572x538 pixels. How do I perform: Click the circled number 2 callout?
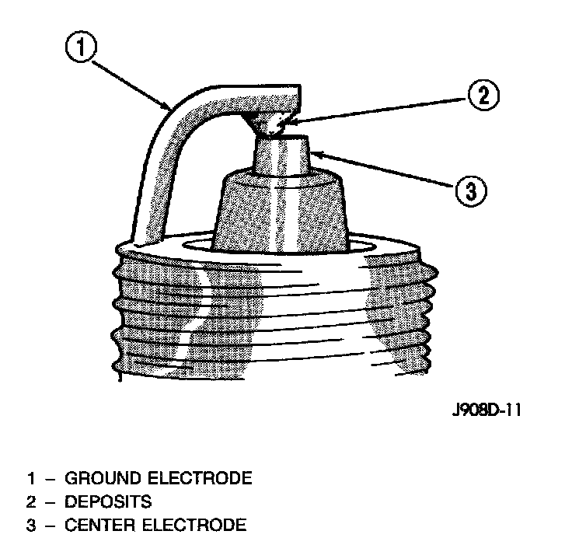[483, 96]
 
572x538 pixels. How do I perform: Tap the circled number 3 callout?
[470, 190]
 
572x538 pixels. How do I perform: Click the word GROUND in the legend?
[99, 477]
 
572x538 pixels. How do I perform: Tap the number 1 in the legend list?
[31, 477]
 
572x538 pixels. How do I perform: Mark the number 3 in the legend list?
[31, 525]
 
